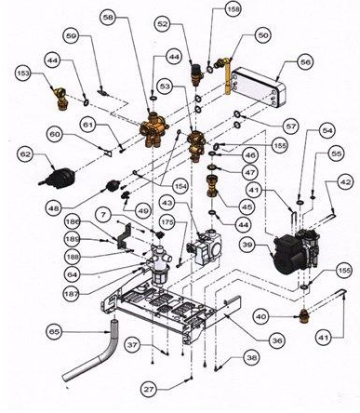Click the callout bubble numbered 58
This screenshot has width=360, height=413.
click(109, 18)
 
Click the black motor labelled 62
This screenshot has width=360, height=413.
click(59, 179)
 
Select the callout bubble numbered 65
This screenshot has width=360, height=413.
click(55, 332)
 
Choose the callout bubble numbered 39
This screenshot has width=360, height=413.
click(248, 245)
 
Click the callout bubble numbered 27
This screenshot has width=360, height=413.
click(149, 389)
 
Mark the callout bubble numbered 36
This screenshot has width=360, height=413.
click(277, 340)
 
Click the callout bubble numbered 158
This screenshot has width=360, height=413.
click(233, 9)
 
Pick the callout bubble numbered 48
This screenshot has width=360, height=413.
click(55, 208)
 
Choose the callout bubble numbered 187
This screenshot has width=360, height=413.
click(73, 293)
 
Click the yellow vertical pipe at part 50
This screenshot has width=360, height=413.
click(229, 76)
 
